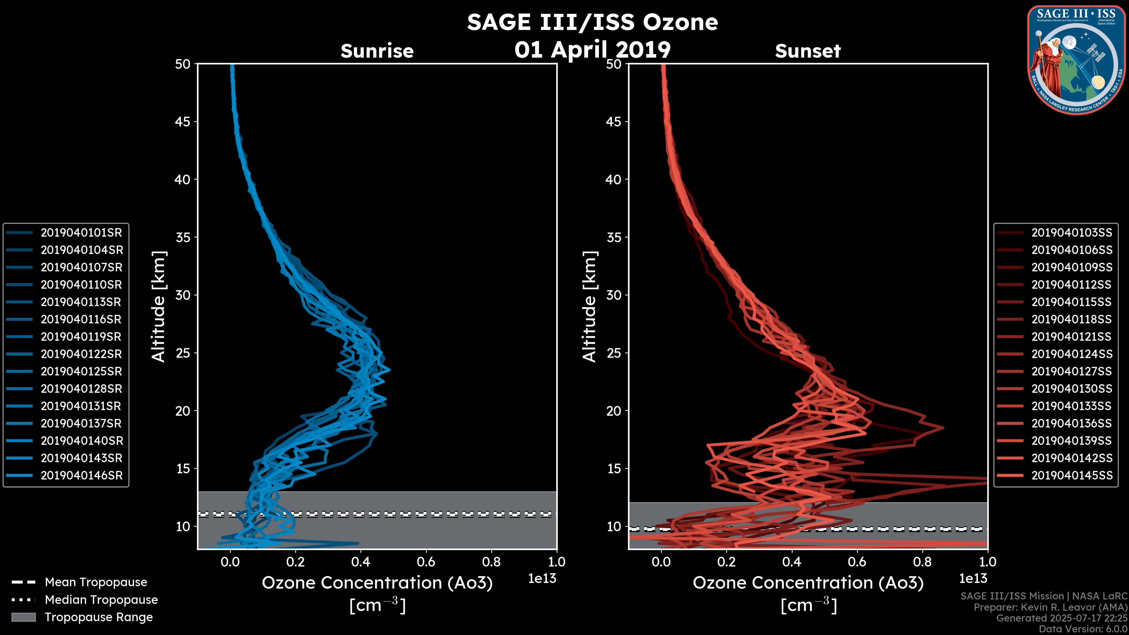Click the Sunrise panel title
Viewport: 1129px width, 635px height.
pos(377,51)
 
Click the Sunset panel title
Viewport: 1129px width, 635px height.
pos(808,51)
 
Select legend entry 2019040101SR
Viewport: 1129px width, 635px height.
pos(81,233)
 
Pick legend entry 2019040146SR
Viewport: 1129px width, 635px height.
pos(81,475)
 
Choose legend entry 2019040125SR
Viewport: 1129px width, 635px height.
pos(81,372)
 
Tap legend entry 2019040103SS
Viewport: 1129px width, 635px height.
pos(1072,233)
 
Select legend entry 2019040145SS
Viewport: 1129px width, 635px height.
pos(1072,475)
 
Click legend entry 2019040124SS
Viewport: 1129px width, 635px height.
pos(1072,354)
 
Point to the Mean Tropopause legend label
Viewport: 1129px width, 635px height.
pos(96,582)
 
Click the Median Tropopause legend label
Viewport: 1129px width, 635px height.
pos(101,600)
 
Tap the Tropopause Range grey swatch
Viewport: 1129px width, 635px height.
pos(23,617)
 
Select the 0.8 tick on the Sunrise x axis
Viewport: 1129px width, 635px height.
pos(491,562)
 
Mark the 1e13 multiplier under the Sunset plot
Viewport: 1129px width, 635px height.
pos(973,579)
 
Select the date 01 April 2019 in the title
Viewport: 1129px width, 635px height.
pos(592,49)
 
